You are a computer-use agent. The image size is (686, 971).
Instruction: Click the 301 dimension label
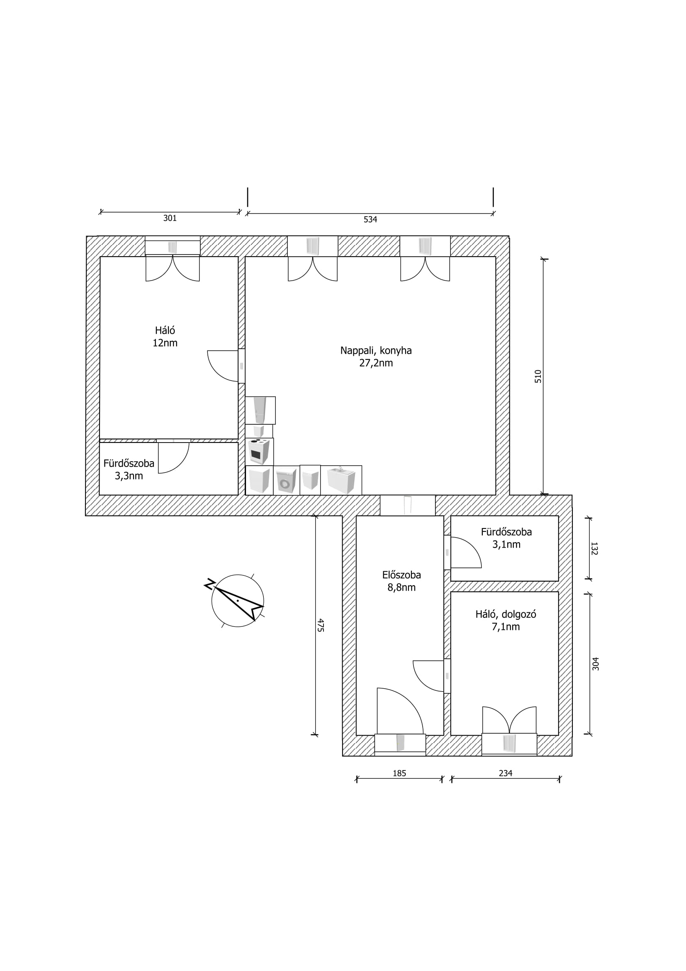coord(170,218)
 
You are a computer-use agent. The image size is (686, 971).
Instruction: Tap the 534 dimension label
coord(370,220)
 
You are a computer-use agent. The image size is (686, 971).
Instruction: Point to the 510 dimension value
coord(538,377)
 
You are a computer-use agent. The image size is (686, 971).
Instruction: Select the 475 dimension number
coord(320,625)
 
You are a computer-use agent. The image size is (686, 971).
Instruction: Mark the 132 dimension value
coord(594,548)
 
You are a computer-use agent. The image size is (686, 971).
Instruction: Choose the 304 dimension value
coord(596,664)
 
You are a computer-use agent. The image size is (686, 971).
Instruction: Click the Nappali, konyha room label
coord(376,351)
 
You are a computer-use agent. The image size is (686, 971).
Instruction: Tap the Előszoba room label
coord(402,575)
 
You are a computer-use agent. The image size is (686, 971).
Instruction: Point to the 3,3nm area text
coord(129,476)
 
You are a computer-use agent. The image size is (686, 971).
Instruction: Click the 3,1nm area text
coord(506,545)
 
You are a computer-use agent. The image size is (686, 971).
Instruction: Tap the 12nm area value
coord(165,343)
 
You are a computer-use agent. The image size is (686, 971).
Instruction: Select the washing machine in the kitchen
coord(287,480)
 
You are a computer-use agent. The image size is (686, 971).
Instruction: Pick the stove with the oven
coord(259,451)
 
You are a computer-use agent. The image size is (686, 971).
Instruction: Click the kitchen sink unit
coord(341,480)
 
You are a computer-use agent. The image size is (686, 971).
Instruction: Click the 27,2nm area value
coord(376,363)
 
